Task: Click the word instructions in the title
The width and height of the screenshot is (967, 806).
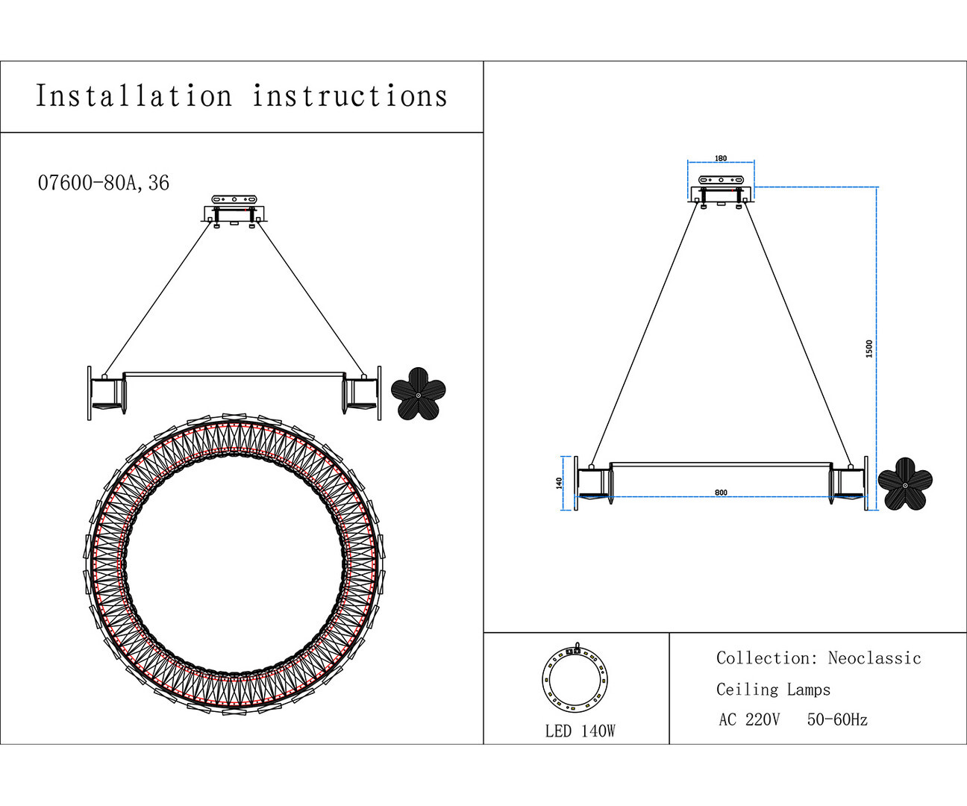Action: click(349, 97)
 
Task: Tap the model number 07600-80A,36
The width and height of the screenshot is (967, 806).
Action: click(104, 183)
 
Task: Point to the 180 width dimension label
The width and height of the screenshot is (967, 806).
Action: click(721, 158)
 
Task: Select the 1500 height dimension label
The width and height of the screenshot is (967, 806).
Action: click(869, 349)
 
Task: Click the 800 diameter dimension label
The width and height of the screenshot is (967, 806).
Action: click(721, 493)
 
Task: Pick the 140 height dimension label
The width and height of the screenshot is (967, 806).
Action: click(559, 483)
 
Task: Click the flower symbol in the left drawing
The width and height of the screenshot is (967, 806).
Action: click(419, 393)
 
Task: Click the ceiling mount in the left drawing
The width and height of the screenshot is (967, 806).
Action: click(234, 210)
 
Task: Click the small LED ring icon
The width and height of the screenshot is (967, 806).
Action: click(575, 679)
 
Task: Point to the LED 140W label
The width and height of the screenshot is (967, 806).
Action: click(580, 731)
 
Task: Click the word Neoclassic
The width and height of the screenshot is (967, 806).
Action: click(874, 658)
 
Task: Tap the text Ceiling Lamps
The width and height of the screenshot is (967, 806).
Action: click(773, 690)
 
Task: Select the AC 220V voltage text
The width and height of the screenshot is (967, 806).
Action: click(749, 720)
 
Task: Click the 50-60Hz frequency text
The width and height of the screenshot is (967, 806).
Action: click(837, 720)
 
